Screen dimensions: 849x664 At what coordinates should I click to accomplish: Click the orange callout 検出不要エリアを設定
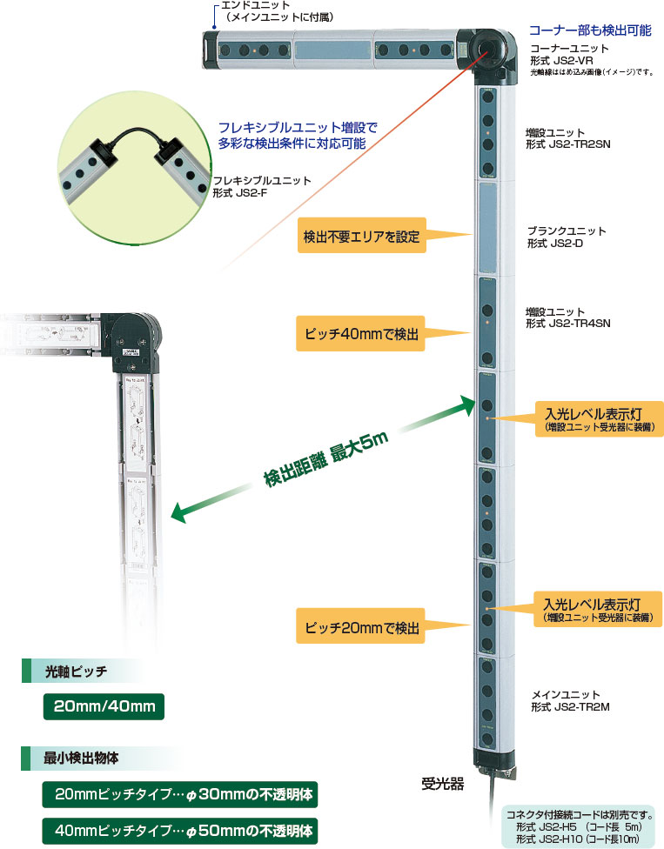point(362,235)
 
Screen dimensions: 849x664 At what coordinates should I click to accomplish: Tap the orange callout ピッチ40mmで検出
point(362,333)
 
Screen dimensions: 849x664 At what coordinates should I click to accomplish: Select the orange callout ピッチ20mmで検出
point(362,627)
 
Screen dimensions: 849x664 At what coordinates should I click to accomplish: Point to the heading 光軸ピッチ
point(76,671)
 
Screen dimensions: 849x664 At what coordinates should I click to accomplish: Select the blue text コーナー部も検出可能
point(590,30)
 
